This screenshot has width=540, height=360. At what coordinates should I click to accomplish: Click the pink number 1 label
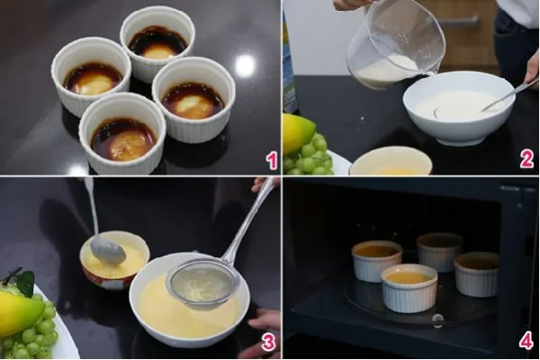[271, 161]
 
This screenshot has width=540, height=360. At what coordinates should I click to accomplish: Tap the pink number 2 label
[526, 159]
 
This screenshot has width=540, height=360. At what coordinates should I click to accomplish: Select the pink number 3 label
[267, 342]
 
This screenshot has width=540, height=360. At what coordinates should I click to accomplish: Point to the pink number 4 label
[526, 341]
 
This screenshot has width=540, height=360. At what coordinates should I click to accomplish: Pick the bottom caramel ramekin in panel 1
[122, 138]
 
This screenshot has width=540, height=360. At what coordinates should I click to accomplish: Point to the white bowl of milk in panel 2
[458, 108]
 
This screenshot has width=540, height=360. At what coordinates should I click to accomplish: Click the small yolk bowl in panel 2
[391, 162]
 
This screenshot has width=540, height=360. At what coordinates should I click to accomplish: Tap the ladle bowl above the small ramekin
[107, 249]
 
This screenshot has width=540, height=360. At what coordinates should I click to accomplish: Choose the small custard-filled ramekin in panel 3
[114, 260]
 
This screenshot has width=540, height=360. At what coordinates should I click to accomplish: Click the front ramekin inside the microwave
[408, 287]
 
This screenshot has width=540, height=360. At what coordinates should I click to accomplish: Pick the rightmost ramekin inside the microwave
[477, 273]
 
